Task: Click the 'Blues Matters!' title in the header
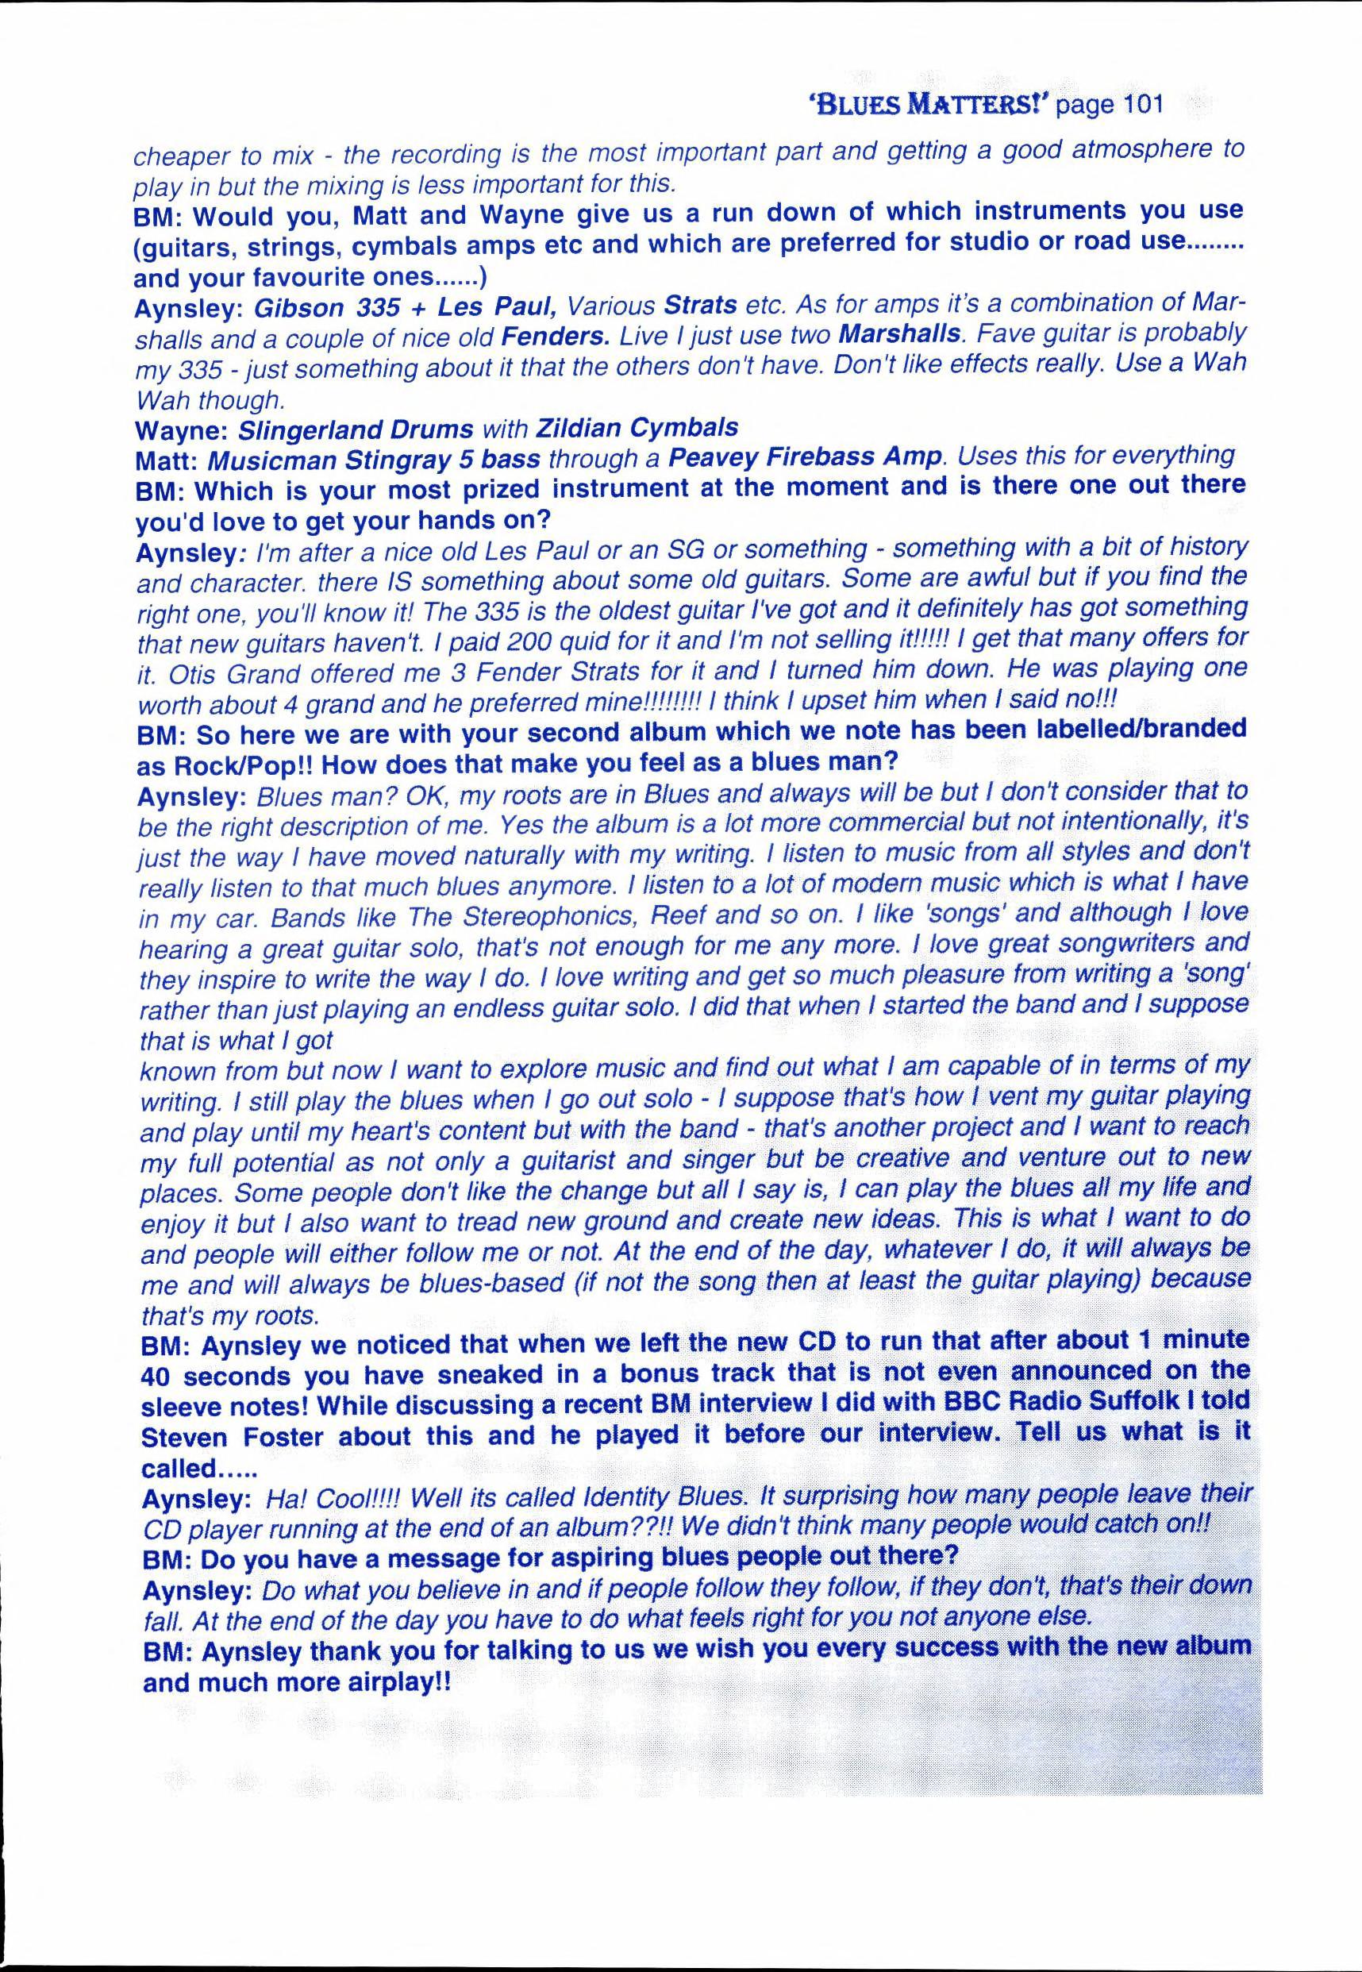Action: (x=929, y=105)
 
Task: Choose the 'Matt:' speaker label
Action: (x=167, y=460)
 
